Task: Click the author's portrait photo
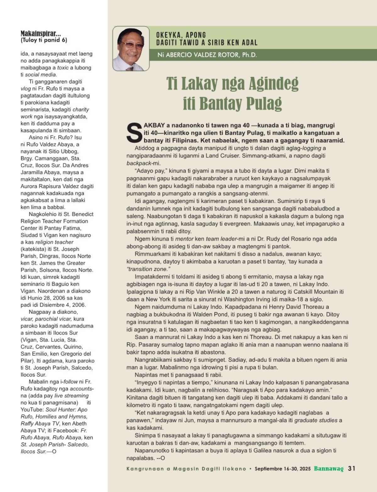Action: pos(131,49)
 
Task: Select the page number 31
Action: pos(352,468)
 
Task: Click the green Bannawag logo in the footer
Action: pos(329,469)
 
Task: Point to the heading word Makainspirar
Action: pos(41,34)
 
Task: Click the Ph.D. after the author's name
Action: pos(249,55)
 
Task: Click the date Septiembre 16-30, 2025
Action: pos(282,469)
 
